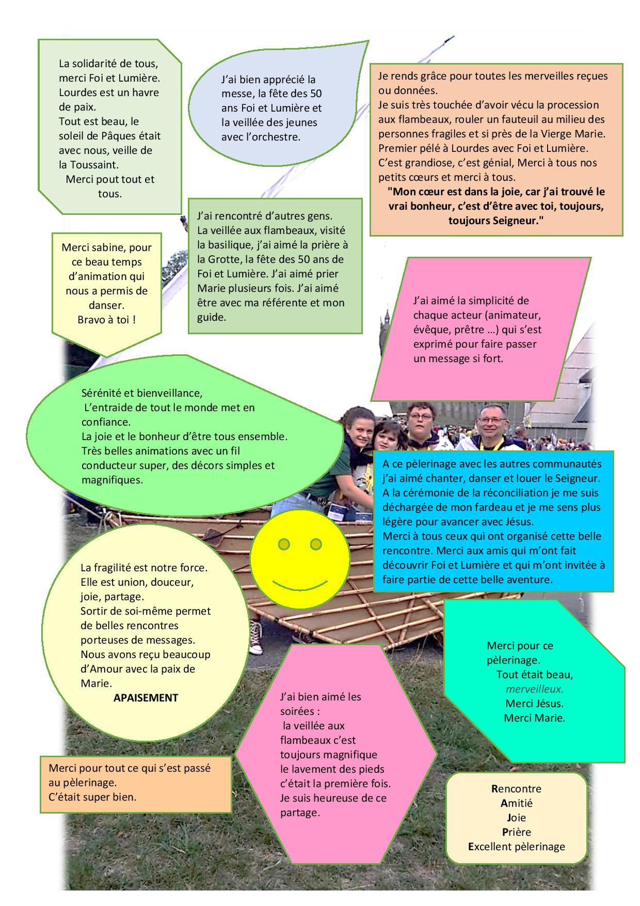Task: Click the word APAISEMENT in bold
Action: (146, 698)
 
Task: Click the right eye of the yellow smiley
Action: (316, 544)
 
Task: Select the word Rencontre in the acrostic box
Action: (516, 789)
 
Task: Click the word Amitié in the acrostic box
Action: (516, 803)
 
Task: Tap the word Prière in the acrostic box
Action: (516, 832)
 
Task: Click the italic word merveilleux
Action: (534, 689)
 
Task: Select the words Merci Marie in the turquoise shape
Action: (534, 718)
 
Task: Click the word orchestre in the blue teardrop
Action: (278, 137)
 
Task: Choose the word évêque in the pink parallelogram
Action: (430, 330)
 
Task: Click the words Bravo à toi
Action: (106, 320)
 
